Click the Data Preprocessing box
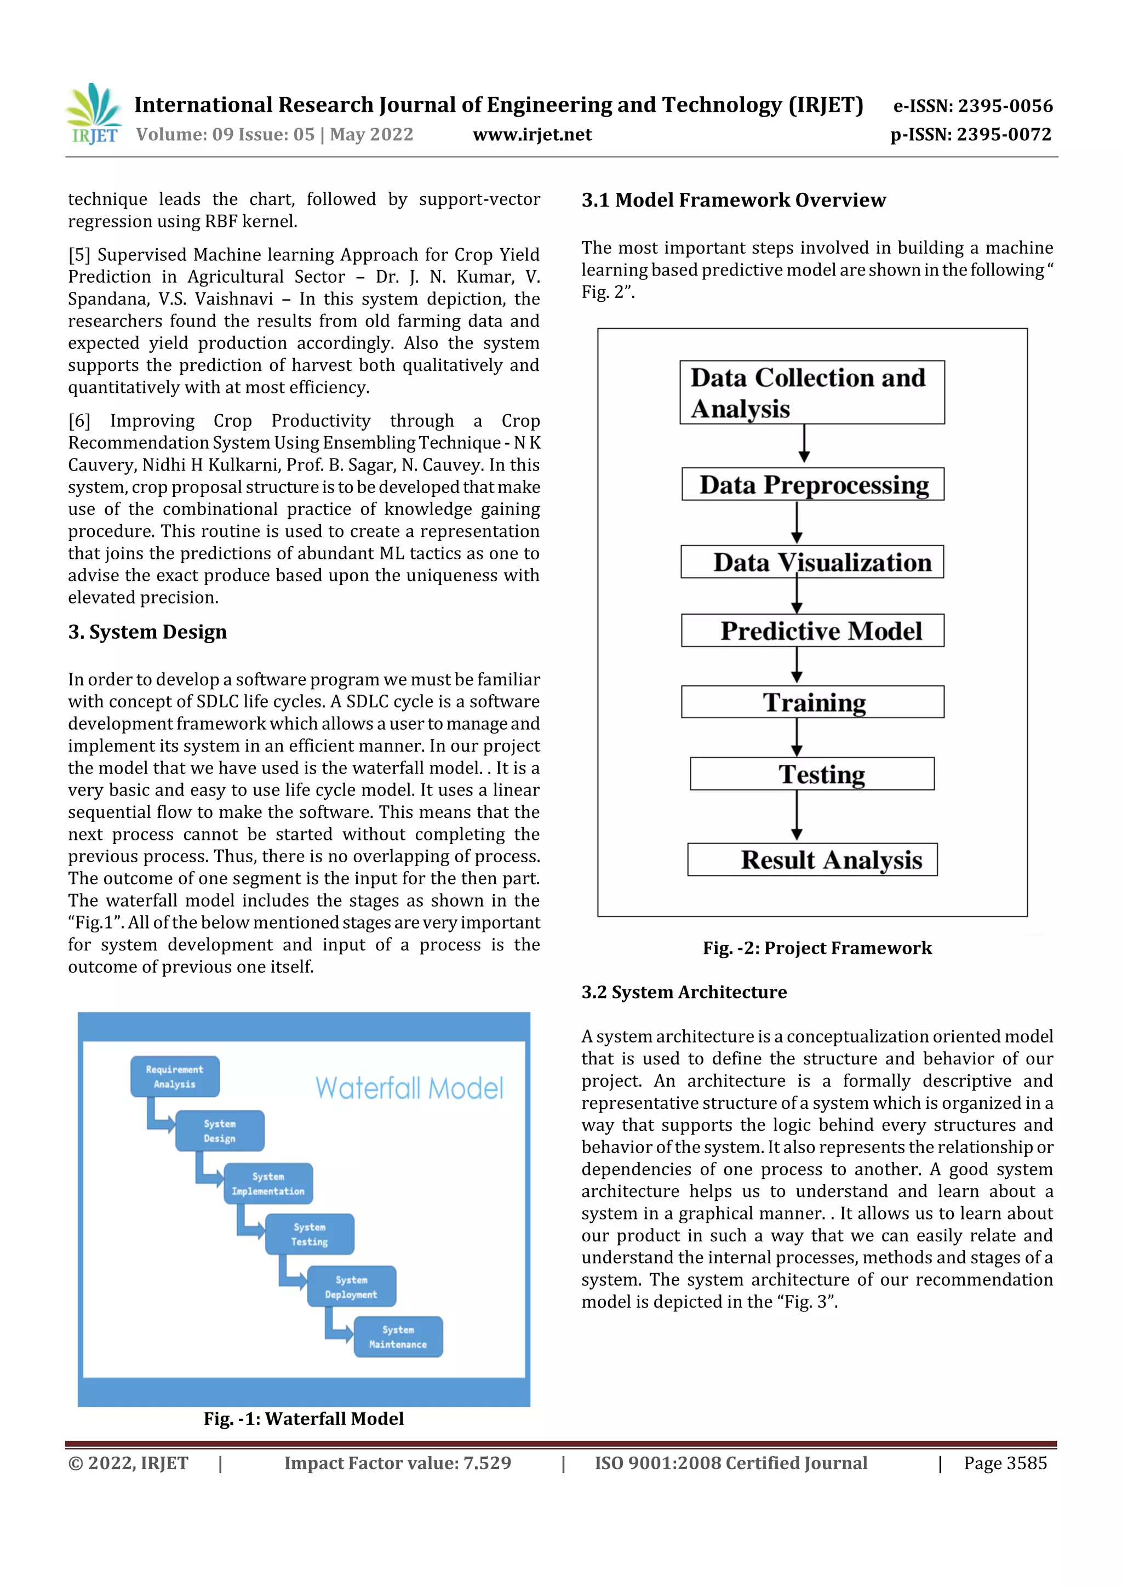[812, 484]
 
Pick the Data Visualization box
[812, 562]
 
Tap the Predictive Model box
[812, 631]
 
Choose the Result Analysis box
[812, 860]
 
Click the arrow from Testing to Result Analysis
[797, 816]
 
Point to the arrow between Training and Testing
[797, 737]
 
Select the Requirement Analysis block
[175, 1076]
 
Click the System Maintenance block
[398, 1337]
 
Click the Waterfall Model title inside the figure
[409, 1088]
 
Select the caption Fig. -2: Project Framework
[817, 948]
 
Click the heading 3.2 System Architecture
[684, 992]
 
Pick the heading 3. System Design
[147, 632]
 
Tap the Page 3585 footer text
[1005, 1463]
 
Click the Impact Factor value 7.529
[398, 1463]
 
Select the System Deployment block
[351, 1286]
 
